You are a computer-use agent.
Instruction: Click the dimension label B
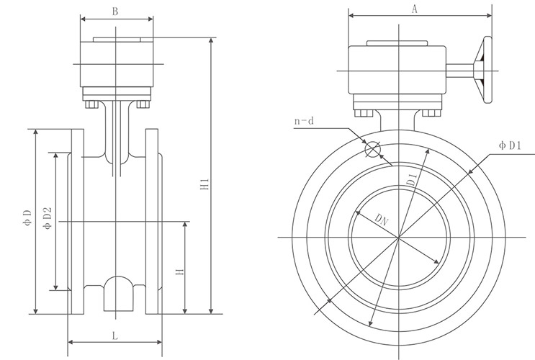(x=115, y=12)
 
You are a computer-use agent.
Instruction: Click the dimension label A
(x=414, y=9)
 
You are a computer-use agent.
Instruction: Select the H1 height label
(x=205, y=184)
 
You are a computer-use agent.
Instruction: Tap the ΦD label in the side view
(x=28, y=217)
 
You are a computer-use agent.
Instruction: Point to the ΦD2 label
(x=48, y=218)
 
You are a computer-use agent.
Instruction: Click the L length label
(x=115, y=336)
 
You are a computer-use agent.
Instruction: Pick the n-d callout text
(x=304, y=121)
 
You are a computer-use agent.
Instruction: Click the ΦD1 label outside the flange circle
(x=510, y=145)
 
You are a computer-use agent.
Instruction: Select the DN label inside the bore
(x=382, y=220)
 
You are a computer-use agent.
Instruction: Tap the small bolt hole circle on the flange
(x=372, y=149)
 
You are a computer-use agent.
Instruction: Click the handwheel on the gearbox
(x=483, y=70)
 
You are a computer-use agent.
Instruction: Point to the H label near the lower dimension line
(x=179, y=272)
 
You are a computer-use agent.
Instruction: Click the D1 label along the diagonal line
(x=412, y=179)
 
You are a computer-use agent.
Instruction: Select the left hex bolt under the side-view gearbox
(x=91, y=104)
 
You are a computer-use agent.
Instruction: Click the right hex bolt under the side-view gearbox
(x=143, y=104)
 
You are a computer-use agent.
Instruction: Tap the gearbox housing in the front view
(x=397, y=70)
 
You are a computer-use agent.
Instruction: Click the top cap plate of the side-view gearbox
(x=117, y=40)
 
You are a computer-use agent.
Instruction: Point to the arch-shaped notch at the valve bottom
(x=118, y=294)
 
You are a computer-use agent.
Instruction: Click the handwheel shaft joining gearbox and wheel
(x=460, y=71)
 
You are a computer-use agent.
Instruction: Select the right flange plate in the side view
(x=152, y=221)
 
